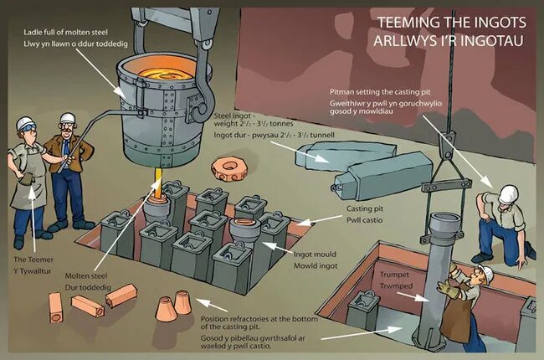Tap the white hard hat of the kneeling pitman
(x=506, y=194)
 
